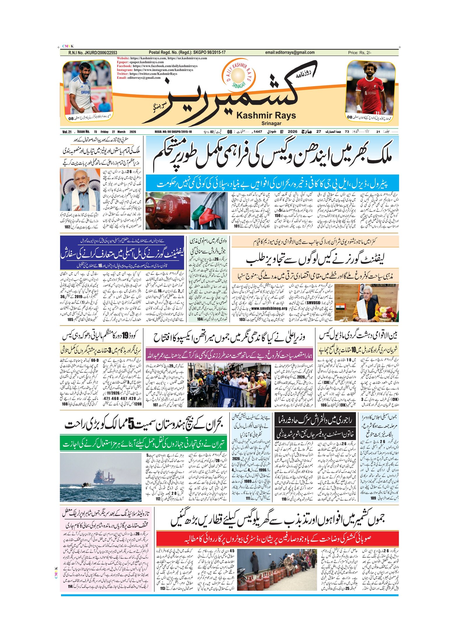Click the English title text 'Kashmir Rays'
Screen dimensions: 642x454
(266, 116)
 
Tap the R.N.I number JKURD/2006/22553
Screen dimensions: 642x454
(93, 53)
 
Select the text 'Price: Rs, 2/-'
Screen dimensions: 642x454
(359, 53)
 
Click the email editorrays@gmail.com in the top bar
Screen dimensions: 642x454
(290, 53)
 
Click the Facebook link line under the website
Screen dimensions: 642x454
(157, 66)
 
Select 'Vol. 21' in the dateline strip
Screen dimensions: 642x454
(67, 132)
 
